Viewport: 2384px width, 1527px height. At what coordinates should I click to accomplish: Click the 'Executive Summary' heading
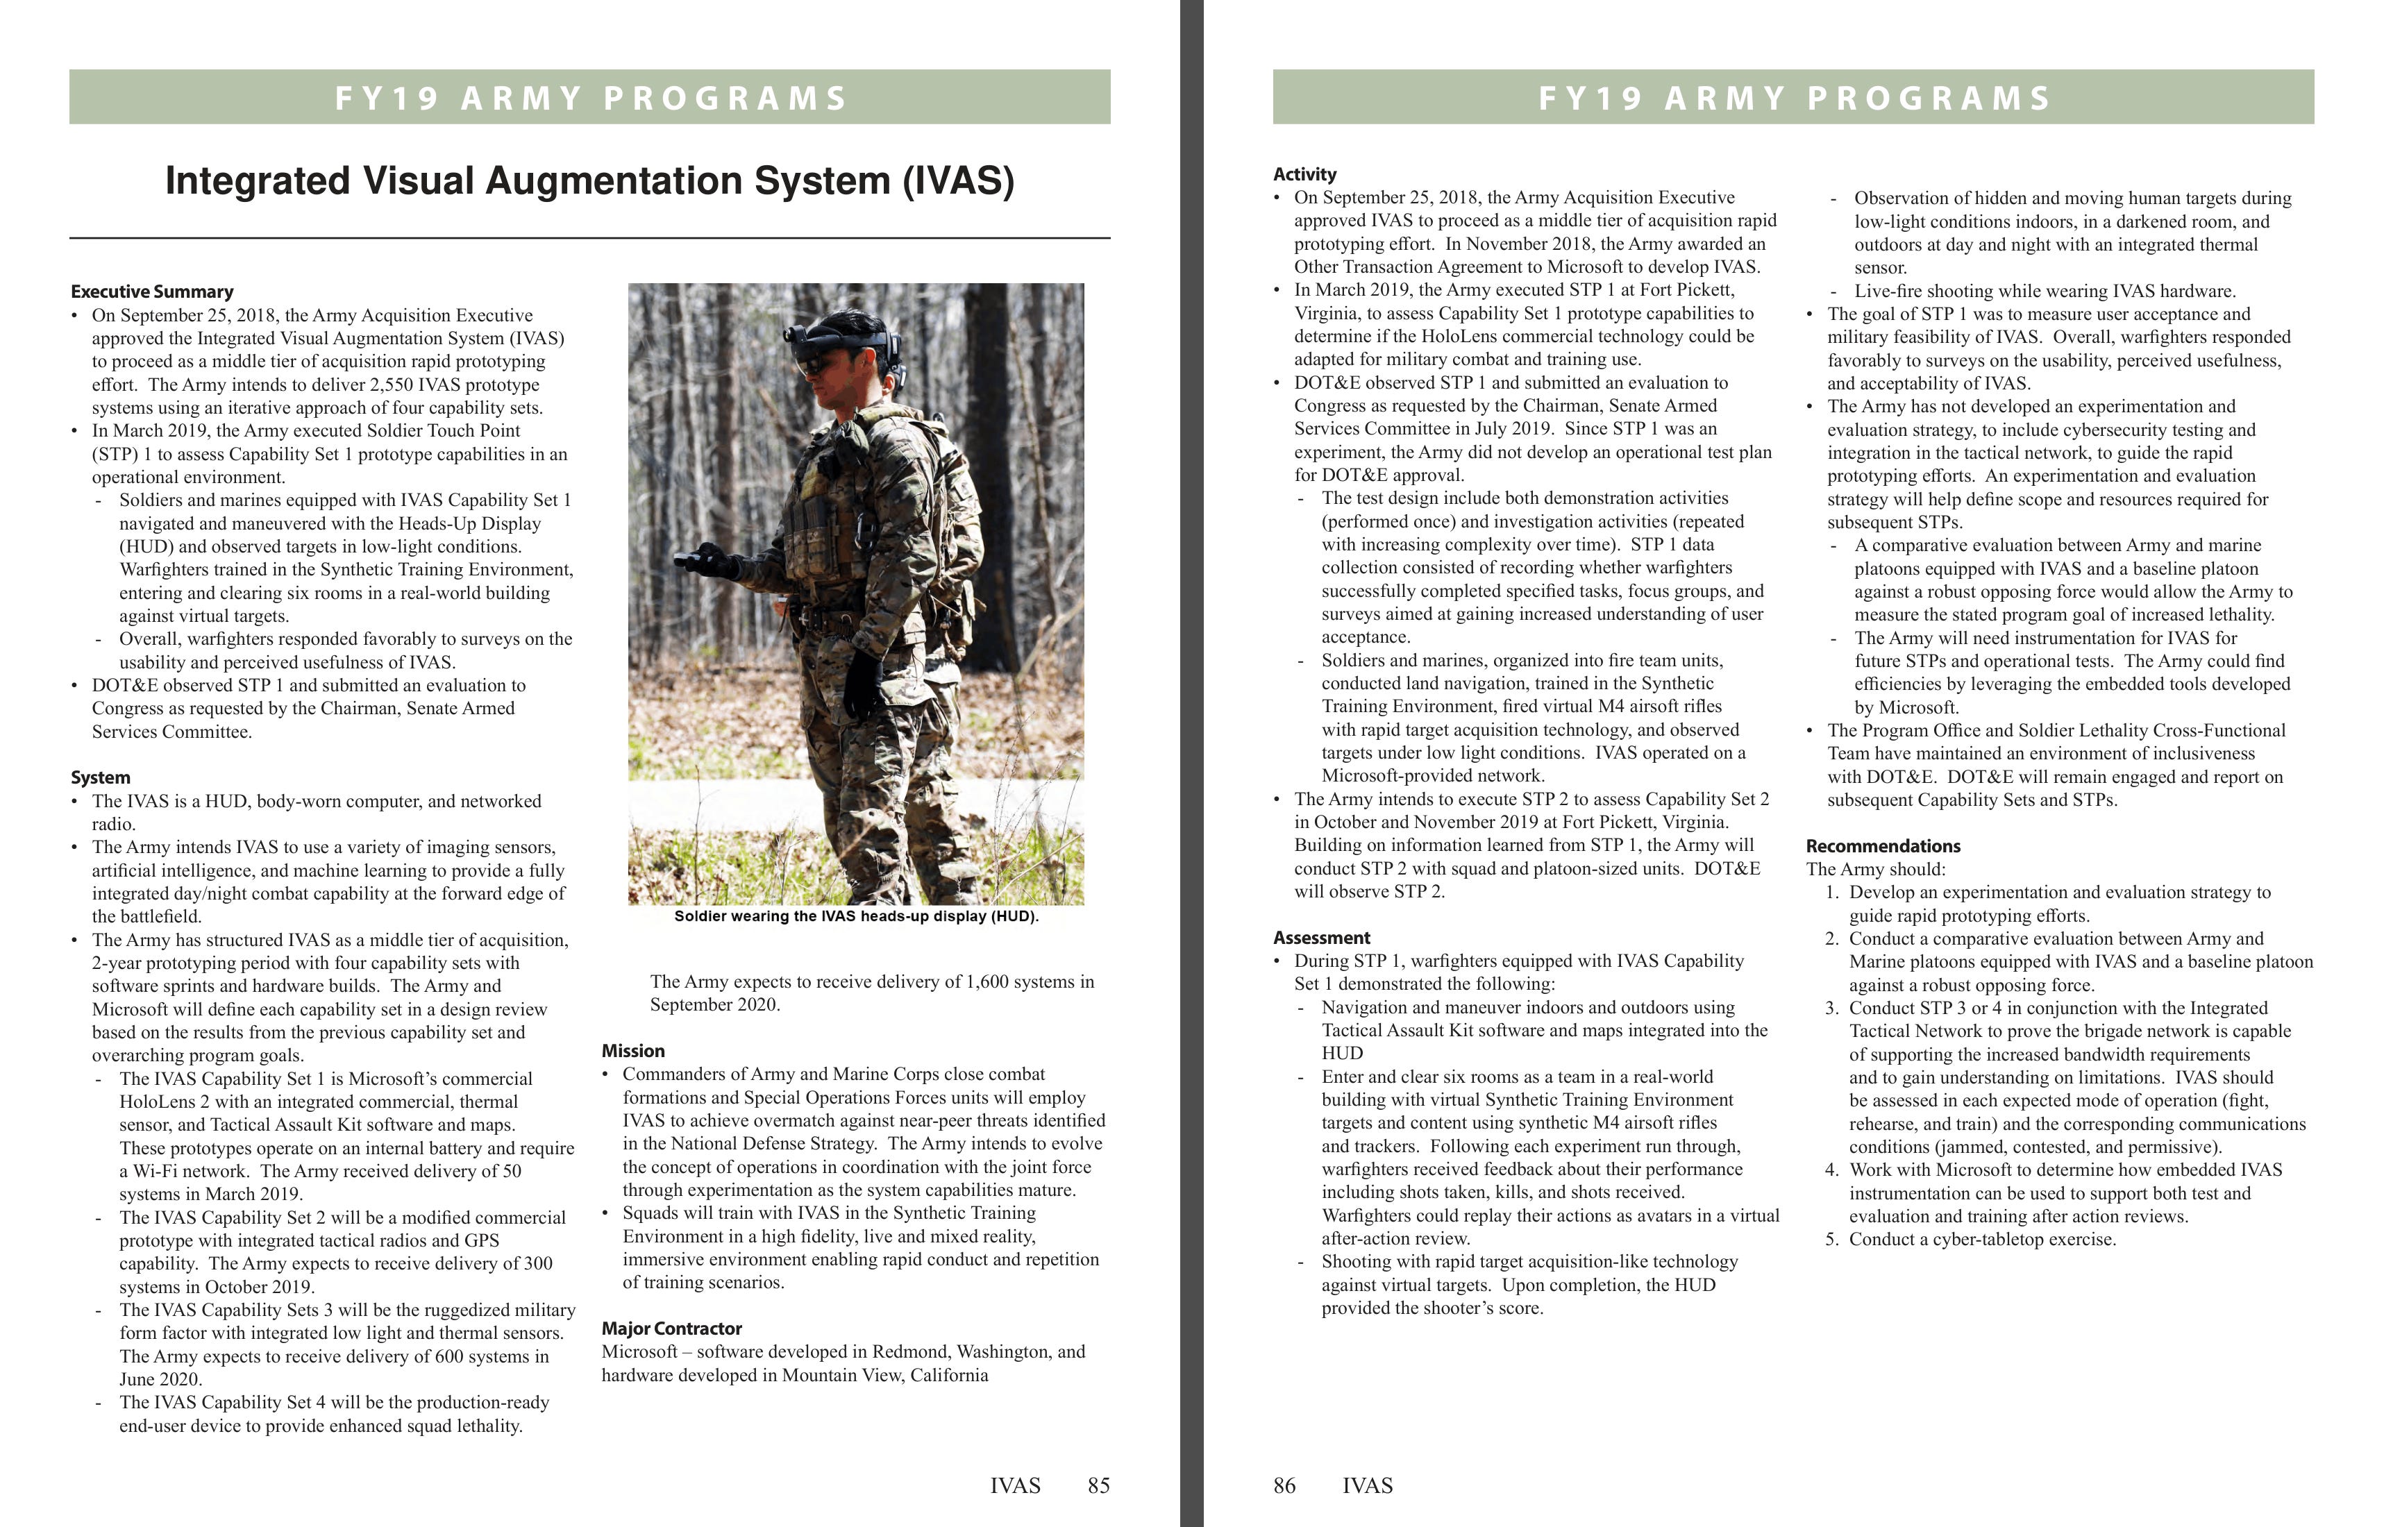152,292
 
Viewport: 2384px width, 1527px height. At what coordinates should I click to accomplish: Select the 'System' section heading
100,777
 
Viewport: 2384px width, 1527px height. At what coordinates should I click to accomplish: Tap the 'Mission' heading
632,1051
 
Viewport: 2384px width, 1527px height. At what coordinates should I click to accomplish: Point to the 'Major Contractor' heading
671,1328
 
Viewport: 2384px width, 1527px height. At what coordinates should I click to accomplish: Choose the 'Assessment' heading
1321,938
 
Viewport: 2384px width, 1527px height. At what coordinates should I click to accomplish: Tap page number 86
1284,1485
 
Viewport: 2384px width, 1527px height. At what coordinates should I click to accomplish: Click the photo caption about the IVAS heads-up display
856,916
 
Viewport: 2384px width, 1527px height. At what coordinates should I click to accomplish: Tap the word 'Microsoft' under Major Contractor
639,1353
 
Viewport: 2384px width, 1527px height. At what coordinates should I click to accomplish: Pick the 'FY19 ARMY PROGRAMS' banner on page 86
1793,97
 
